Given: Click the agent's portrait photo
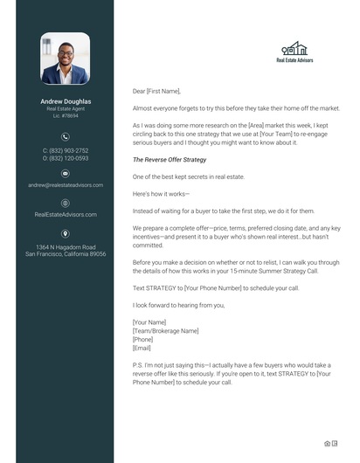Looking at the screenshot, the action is point(65,59).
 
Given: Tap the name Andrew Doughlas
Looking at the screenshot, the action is point(65,101).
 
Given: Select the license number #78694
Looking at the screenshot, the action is point(65,115).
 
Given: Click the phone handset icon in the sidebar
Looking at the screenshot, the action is point(65,136).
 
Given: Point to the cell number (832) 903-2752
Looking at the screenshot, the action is point(66,151).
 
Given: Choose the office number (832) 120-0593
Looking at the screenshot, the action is point(66,158).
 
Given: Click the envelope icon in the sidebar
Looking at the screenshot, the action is point(65,173).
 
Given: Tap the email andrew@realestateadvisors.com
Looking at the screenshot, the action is point(65,185).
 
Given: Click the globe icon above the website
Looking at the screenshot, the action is point(65,202).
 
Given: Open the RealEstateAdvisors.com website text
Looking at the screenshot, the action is point(65,214).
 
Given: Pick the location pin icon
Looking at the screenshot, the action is point(65,232).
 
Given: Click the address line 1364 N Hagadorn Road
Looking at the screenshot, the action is point(65,247).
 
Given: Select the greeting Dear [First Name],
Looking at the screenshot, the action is point(156,91).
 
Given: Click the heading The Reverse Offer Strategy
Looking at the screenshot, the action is point(169,160).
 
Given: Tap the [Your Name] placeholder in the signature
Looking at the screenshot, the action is point(149,322).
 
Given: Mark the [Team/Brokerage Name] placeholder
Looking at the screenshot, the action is point(165,330).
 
